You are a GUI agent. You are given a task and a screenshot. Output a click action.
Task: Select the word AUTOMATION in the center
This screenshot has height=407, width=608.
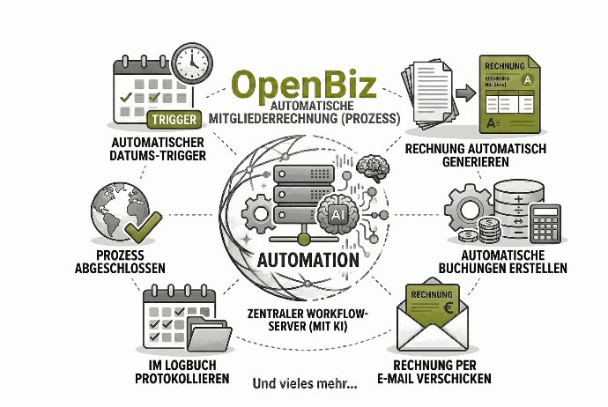(x=308, y=262)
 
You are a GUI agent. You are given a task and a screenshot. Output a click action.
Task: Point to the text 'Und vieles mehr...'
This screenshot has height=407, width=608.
(x=305, y=384)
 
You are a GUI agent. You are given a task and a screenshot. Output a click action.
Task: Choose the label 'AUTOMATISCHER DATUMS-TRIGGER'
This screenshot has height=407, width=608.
(x=159, y=149)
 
